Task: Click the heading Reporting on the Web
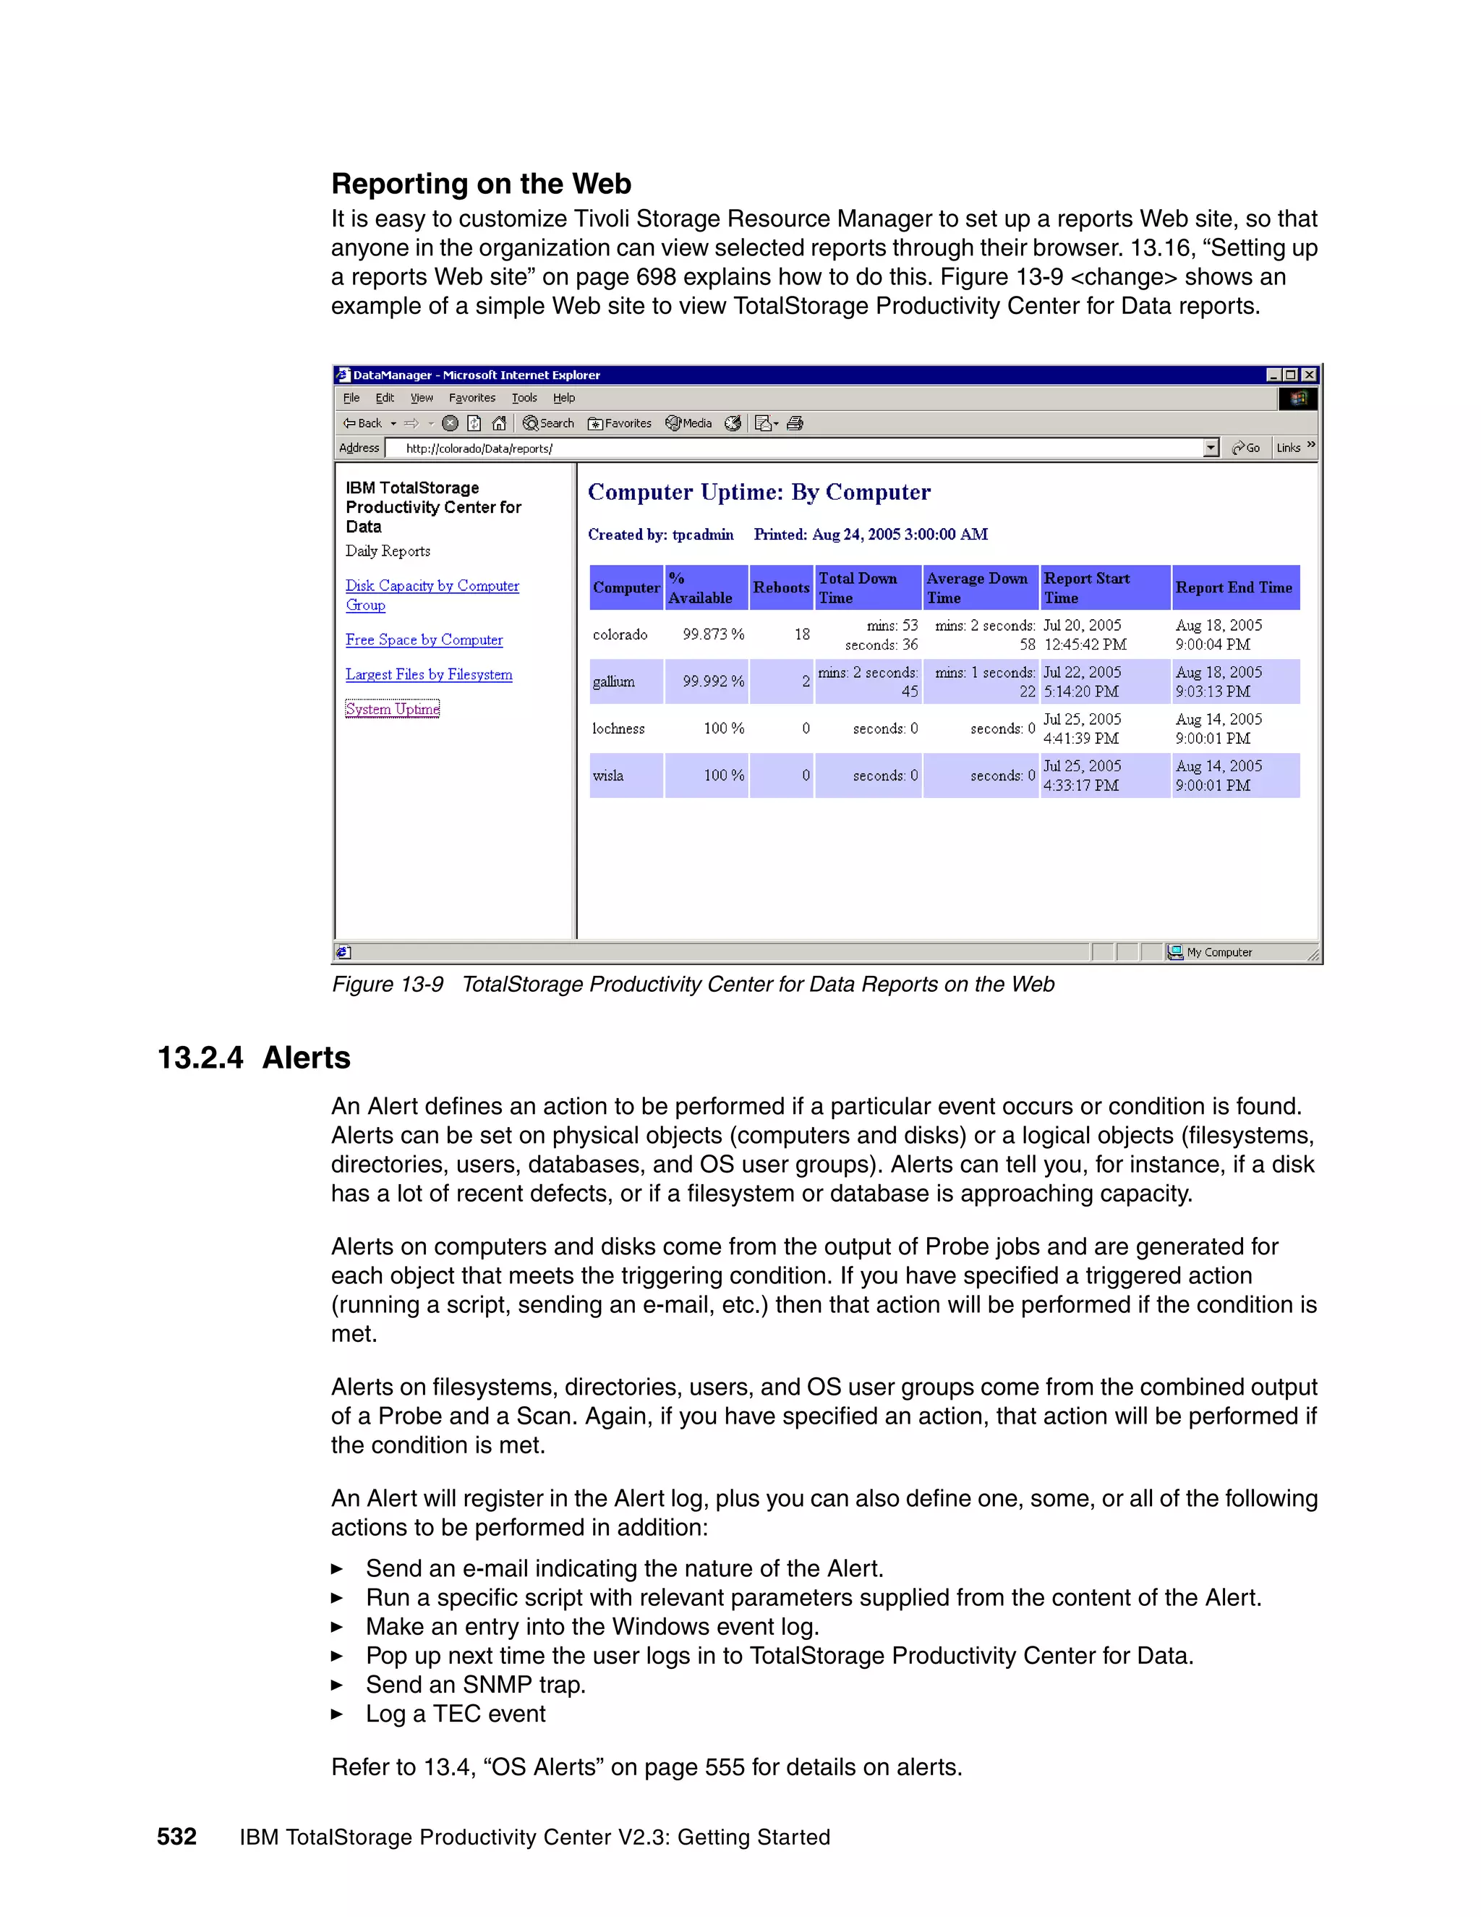point(481,184)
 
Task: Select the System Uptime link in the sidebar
point(392,708)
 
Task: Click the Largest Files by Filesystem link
point(428,674)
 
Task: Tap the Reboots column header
point(780,587)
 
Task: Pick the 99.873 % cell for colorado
point(712,634)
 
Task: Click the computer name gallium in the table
point(613,681)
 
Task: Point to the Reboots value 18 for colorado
point(802,634)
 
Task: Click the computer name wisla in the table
point(608,775)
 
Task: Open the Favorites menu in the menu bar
point(472,398)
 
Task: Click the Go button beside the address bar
point(1246,448)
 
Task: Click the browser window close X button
point(1309,375)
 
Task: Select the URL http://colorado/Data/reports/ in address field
point(479,449)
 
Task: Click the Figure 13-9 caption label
point(387,984)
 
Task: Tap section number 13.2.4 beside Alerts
point(200,1057)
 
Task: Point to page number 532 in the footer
point(176,1836)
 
